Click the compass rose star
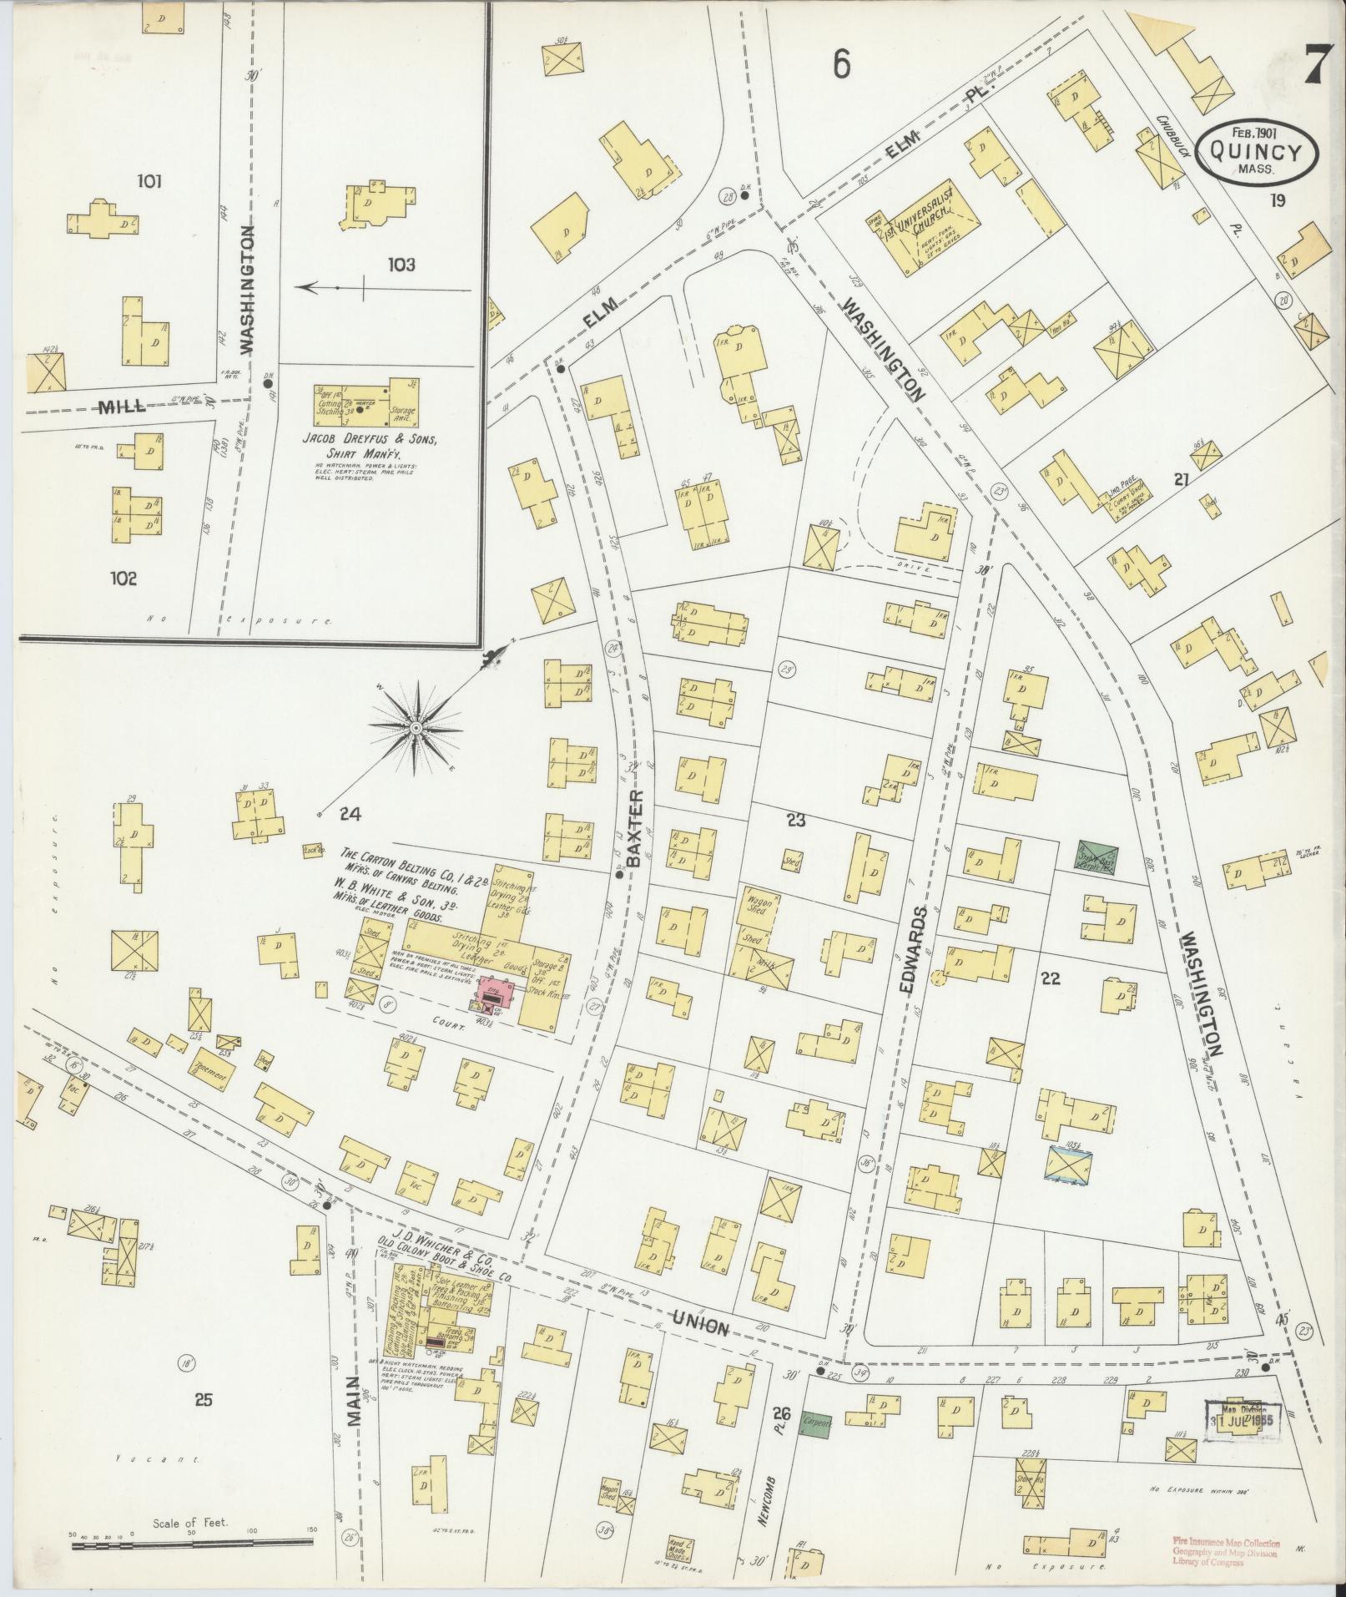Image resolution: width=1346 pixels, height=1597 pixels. (x=415, y=728)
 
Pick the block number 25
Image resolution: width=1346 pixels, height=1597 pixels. (x=203, y=1400)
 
